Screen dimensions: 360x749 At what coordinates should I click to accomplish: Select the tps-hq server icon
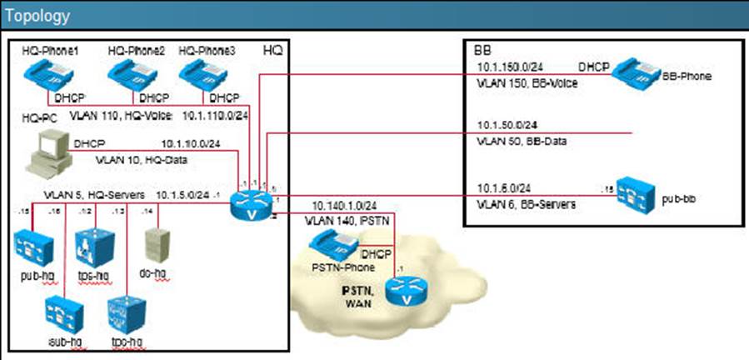click(x=94, y=244)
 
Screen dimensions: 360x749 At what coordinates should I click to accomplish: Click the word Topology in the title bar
click(x=37, y=16)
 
